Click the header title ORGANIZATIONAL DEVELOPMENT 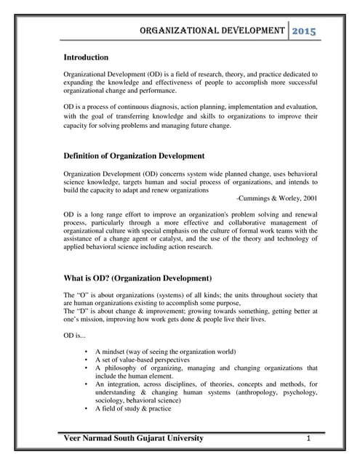(x=211, y=31)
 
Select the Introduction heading (x=86, y=57)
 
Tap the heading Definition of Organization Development (x=134, y=156)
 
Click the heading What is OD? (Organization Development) (x=137, y=278)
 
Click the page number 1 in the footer (x=308, y=439)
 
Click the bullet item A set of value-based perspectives (x=143, y=360)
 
